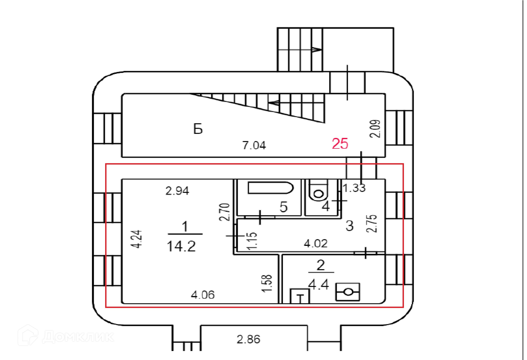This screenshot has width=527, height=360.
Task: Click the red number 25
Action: pos(340,144)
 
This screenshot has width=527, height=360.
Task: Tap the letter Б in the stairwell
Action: pos(198,129)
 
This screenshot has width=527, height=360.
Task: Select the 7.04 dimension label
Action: pos(254,145)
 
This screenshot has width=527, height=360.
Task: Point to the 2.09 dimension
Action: pos(375,129)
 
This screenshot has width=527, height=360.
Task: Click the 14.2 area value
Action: pos(181,246)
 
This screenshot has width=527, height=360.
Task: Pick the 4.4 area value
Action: pos(318,285)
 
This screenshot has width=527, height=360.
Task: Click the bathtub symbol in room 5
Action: pos(270,188)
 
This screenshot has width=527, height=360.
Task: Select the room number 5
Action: pos(284,207)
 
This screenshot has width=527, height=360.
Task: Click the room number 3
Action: pos(349,226)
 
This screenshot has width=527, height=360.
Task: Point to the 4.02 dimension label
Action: pos(316,243)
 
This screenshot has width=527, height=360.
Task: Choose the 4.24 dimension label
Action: pos(136,239)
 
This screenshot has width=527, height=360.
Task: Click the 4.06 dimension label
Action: pos(203,295)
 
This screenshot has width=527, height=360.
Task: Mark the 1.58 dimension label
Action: pos(267,283)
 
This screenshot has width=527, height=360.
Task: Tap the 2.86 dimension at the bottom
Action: pos(248,339)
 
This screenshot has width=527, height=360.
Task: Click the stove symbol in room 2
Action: pos(348,292)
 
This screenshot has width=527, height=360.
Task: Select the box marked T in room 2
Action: pos(300,296)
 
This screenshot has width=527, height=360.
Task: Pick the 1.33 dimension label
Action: pos(354,188)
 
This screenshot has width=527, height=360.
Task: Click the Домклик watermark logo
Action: pos(66,336)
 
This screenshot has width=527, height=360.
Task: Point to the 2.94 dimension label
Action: pos(177,191)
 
